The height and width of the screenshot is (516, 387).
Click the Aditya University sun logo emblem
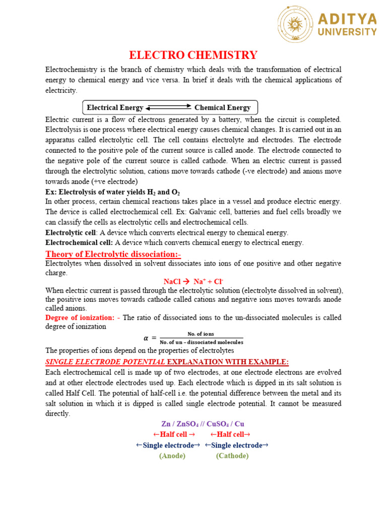(296, 26)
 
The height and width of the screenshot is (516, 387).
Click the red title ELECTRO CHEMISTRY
(193, 55)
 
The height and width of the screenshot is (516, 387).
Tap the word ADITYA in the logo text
(347, 19)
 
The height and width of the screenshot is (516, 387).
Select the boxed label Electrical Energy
(115, 107)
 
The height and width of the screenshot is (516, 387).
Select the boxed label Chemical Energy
(222, 107)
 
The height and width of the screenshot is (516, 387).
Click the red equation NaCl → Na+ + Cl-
(193, 282)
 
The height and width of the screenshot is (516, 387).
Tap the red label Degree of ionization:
(80, 317)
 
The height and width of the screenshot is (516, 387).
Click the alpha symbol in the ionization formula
(147, 338)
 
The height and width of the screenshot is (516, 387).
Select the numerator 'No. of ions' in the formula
(201, 334)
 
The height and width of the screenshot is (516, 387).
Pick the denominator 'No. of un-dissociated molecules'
(201, 342)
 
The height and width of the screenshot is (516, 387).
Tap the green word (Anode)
(172, 456)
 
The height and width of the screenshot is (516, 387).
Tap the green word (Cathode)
(232, 456)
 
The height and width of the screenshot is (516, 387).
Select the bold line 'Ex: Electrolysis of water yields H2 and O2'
(113, 192)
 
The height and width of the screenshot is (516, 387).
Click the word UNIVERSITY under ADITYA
(347, 32)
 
